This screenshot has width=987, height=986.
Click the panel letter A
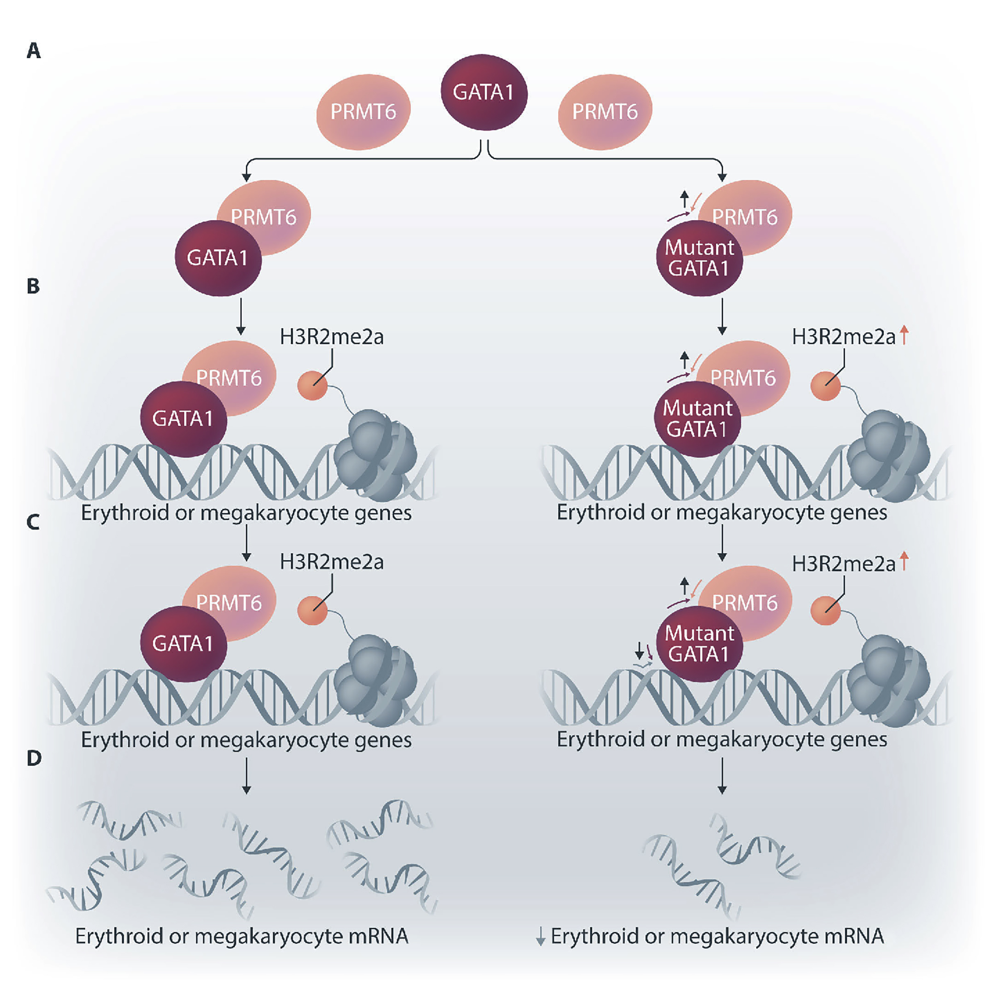point(34,51)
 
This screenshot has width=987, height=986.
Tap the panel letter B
point(33,286)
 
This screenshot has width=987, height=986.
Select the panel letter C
point(33,522)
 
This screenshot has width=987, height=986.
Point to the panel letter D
point(34,758)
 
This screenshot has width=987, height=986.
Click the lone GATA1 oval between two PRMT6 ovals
point(484,93)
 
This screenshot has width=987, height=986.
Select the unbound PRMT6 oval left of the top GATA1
point(363,112)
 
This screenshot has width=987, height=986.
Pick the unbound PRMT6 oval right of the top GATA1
point(605,112)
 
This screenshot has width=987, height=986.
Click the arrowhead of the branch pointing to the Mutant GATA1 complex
point(722,177)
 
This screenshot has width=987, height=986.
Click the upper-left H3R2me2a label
point(332,337)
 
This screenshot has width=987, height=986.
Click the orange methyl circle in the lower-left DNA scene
point(312,610)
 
